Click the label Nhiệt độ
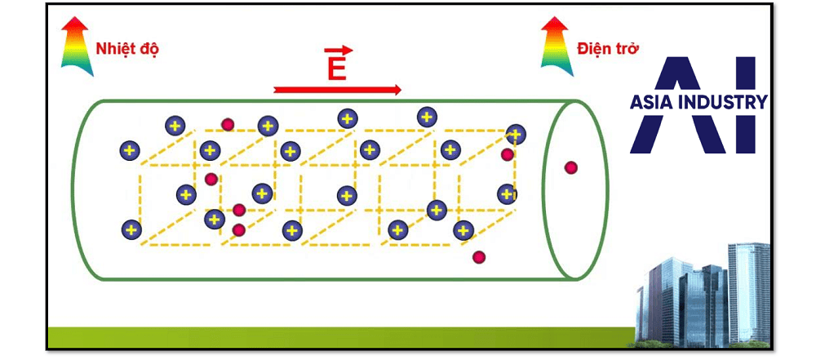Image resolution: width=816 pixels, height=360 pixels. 126,49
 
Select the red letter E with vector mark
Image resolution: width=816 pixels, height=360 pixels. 336,65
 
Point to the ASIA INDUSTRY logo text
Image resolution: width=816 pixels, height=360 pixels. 698,102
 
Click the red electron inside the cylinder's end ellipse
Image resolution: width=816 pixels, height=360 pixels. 570,168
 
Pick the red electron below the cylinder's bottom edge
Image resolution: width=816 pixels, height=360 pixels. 479,257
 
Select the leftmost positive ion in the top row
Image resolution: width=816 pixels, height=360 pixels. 175,126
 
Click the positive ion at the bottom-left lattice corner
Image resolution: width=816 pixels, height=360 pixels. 131,230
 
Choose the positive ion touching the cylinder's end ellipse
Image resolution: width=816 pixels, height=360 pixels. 515,134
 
